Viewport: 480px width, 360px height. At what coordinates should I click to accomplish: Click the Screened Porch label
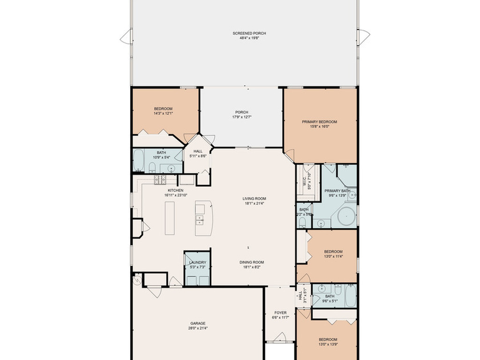pyautogui.click(x=249, y=33)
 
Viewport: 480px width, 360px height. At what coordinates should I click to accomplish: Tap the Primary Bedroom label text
pyautogui.click(x=319, y=122)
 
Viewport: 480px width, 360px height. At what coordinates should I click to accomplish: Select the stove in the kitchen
pyautogui.click(x=160, y=180)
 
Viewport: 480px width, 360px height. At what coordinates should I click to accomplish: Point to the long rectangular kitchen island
pyautogui.click(x=170, y=218)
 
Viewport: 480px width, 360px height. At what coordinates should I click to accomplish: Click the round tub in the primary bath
pyautogui.click(x=346, y=217)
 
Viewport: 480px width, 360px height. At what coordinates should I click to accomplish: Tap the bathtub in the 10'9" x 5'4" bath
pyautogui.click(x=139, y=160)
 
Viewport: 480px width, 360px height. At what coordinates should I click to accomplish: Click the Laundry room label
pyautogui.click(x=198, y=262)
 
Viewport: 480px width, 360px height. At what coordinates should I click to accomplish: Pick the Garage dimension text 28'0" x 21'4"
pyautogui.click(x=197, y=328)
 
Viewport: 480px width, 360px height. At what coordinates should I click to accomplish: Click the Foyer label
pyautogui.click(x=280, y=313)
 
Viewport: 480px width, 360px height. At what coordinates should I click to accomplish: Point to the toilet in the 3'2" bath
pyautogui.click(x=302, y=222)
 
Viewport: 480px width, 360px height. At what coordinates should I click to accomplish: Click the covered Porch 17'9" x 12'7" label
pyautogui.click(x=242, y=112)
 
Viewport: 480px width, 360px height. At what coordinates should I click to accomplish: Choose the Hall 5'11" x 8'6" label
pyautogui.click(x=198, y=151)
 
